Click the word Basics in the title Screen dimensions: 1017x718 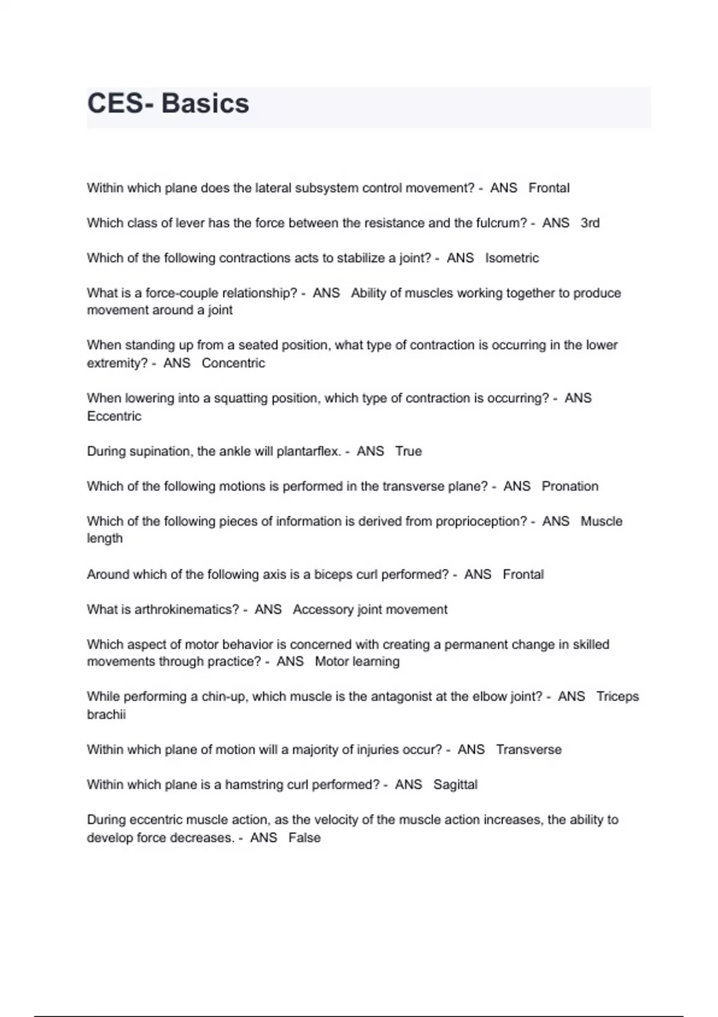(x=205, y=103)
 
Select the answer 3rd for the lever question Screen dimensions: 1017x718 (x=590, y=223)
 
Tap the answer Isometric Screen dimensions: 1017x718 (x=512, y=258)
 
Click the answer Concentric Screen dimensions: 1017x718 (x=233, y=363)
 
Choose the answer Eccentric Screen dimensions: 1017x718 (x=114, y=416)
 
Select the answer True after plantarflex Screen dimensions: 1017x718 (x=409, y=451)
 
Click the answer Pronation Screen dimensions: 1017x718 (x=570, y=486)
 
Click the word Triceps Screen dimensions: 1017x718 (x=617, y=697)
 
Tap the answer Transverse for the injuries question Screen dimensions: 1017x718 (x=529, y=750)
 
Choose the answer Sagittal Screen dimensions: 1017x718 (x=455, y=785)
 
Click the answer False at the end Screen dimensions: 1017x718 (x=305, y=838)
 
